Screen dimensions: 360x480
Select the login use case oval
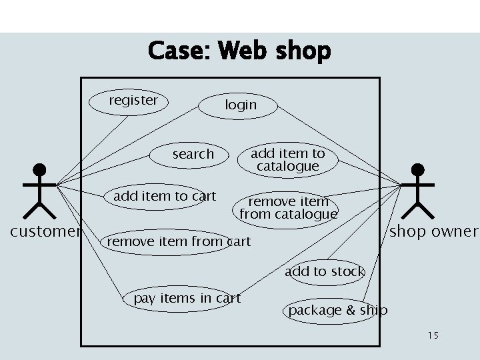tap(238, 105)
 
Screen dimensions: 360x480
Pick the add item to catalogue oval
tap(288, 160)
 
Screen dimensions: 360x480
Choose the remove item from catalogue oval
tap(287, 209)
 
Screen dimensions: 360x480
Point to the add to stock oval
tap(325, 272)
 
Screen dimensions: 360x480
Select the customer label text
tap(45, 232)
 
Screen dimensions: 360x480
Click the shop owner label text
tap(433, 232)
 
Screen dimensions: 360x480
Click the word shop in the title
tap(303, 52)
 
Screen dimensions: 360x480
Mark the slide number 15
tap(433, 335)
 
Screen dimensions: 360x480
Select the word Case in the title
tap(177, 51)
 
